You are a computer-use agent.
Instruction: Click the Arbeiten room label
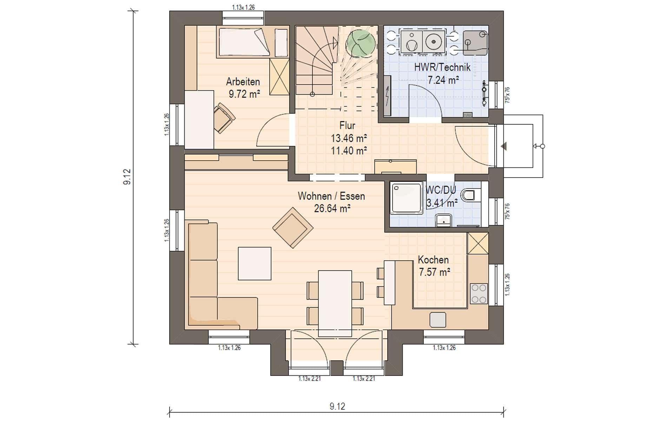coord(243,82)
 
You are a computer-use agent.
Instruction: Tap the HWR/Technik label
coord(442,67)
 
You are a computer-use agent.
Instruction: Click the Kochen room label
coord(433,260)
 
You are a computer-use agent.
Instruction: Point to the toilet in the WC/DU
coord(469,195)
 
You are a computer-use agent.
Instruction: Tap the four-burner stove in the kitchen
coord(479,294)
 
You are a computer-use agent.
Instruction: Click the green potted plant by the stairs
coord(361,44)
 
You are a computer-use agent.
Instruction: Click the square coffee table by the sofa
coord(255,263)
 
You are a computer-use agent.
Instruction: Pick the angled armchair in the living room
coord(293,228)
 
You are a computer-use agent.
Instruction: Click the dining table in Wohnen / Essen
coord(335,303)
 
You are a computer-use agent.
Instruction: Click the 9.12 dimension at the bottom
coord(337,406)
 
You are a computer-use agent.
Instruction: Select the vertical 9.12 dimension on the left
coord(127,177)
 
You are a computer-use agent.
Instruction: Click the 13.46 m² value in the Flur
coord(349,138)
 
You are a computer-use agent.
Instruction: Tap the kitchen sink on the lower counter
coord(438,320)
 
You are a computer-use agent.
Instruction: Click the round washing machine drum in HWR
coord(433,42)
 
